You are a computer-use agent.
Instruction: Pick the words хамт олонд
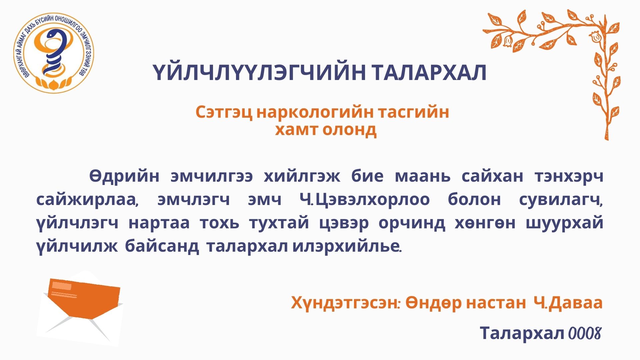[326, 129]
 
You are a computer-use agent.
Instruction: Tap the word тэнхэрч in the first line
[569, 176]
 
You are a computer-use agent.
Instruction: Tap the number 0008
[585, 333]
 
